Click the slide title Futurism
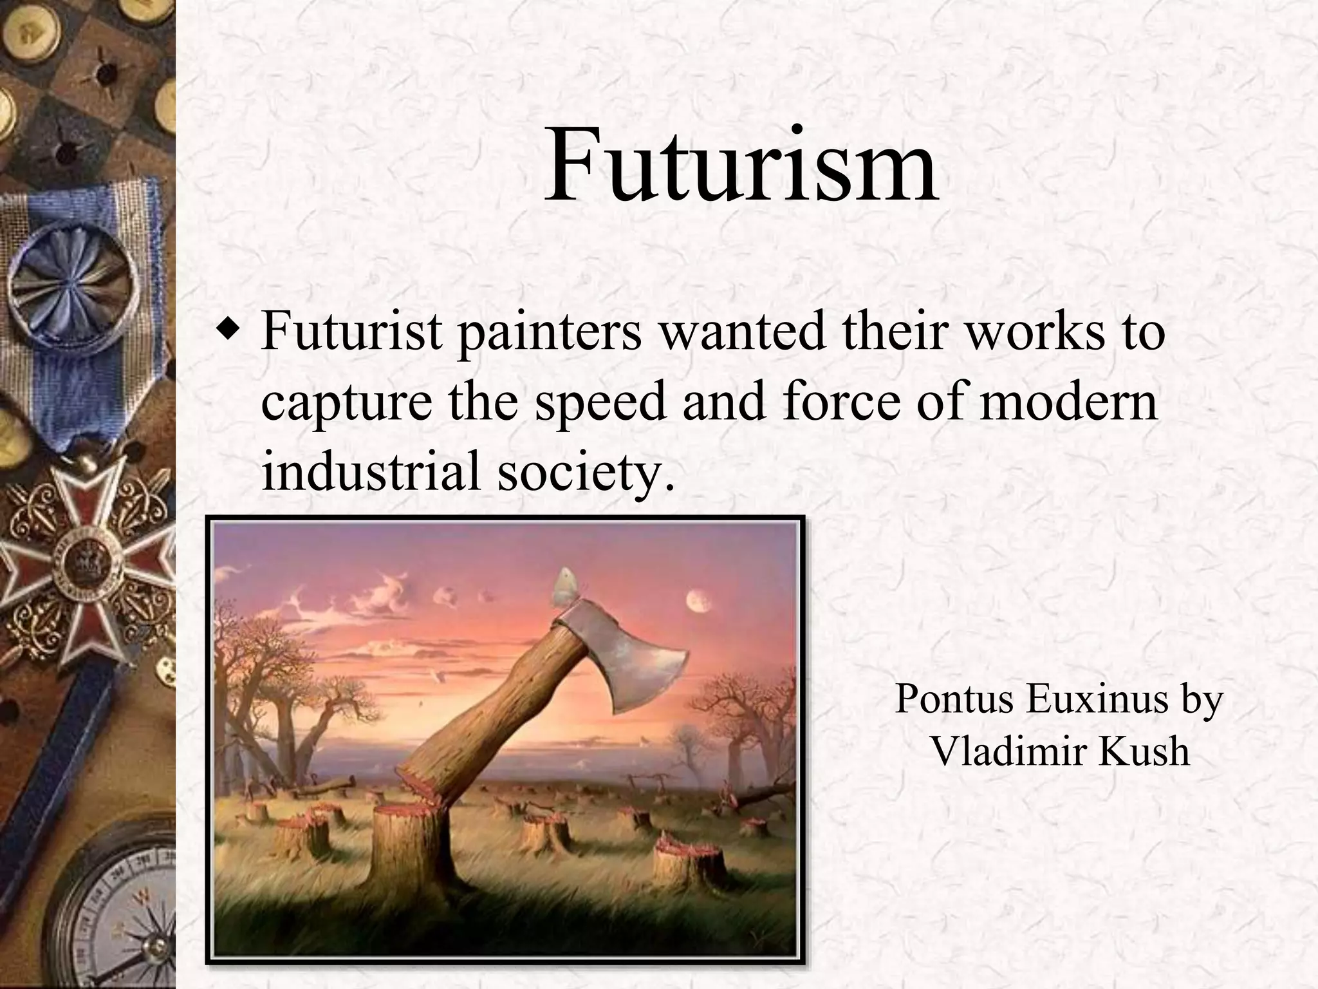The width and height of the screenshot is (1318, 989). pos(740,166)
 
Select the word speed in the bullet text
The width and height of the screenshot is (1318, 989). pos(600,402)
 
